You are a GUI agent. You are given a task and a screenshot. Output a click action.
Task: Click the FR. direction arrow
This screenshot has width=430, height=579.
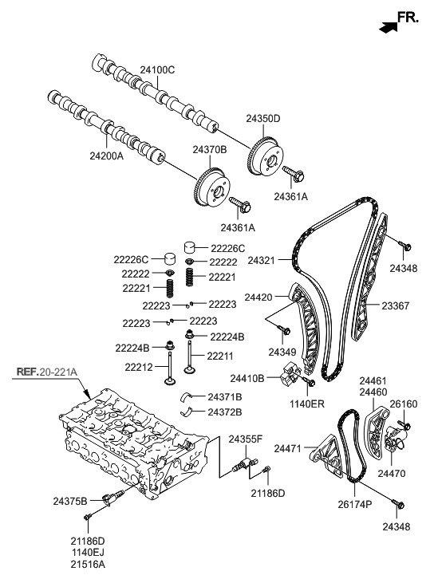[x=389, y=26]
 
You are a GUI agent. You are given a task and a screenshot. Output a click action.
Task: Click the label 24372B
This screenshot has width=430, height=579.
[x=225, y=412]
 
